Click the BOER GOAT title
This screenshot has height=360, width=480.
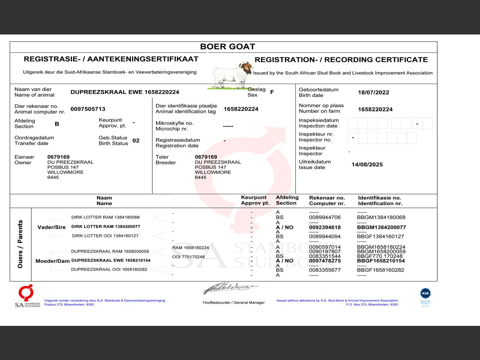click(227, 47)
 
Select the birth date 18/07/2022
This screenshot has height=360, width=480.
click(373, 93)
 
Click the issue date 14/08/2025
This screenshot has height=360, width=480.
click(367, 165)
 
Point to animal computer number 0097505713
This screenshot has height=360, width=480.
click(88, 109)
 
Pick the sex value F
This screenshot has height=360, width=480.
click(272, 92)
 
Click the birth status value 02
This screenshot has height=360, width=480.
click(136, 141)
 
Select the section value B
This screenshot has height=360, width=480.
click(57, 124)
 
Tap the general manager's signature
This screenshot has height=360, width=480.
click(229, 288)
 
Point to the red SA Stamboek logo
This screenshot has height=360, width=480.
click(27, 296)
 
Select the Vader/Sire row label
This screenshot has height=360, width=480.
click(51, 227)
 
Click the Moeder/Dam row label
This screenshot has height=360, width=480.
click(52, 261)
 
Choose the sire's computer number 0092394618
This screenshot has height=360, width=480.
click(325, 227)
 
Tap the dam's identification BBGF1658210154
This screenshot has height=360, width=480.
click(381, 261)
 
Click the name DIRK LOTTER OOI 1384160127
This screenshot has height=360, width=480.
click(105, 236)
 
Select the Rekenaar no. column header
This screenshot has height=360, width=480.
click(327, 201)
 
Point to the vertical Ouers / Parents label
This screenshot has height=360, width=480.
click(20, 244)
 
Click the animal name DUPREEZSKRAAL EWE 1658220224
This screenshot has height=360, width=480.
click(124, 92)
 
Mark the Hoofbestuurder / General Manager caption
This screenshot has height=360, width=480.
click(234, 303)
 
